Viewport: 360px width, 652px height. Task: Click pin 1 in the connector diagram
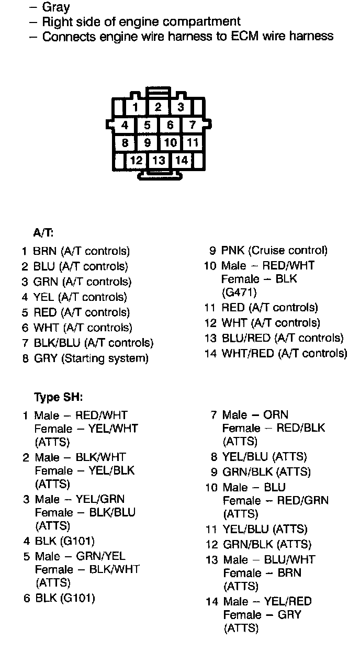(x=136, y=108)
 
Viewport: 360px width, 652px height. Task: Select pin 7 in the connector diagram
(x=193, y=125)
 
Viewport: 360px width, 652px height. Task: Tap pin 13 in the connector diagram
(x=159, y=160)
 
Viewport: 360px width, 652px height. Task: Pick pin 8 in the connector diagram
(x=125, y=142)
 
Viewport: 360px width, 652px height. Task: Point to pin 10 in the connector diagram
(x=170, y=142)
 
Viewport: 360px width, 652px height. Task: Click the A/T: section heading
(x=43, y=233)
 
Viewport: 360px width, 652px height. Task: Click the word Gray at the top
(x=55, y=7)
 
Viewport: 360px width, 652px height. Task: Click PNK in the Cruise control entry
(x=233, y=250)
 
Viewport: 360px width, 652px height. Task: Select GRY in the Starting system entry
(x=46, y=358)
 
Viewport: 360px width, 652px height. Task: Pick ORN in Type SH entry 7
(x=276, y=415)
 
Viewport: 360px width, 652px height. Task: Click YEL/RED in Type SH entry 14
(x=288, y=601)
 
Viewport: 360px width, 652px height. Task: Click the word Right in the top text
(x=56, y=21)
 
